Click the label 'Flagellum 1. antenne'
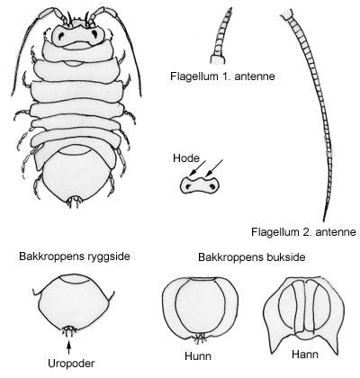pos(222,76)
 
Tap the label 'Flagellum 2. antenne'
pos(303,232)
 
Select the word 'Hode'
pos(185,158)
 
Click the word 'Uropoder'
pos(71,364)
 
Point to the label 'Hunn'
pos(198,356)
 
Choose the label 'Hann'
pos(305,355)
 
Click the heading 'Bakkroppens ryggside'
pos(75,256)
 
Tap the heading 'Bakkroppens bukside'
pos(252,257)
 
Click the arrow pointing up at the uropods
pos(69,348)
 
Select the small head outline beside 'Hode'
pos(200,185)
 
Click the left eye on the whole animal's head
pos(60,36)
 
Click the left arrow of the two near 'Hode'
pos(198,167)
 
